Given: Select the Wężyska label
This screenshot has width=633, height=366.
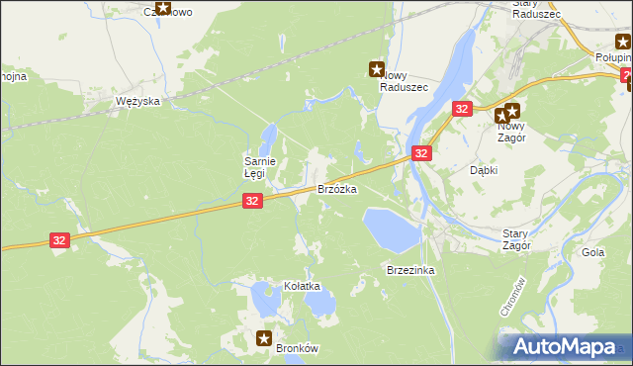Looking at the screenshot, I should click(x=137, y=102).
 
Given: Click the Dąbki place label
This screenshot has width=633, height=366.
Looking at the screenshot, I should click(x=483, y=169).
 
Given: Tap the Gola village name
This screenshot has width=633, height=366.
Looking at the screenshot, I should click(x=593, y=252).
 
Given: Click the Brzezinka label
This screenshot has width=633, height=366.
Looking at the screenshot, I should click(x=411, y=270).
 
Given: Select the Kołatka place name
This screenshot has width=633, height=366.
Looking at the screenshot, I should click(x=304, y=286).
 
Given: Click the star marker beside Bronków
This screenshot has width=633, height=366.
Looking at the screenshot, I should click(x=264, y=337).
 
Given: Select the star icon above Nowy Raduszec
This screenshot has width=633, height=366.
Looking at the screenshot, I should click(x=376, y=69).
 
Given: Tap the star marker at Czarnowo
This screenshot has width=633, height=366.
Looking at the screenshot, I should click(x=164, y=12).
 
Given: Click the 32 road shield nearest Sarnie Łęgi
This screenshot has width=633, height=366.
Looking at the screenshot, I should click(x=252, y=201).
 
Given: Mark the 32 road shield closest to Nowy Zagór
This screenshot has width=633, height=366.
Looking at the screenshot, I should click(x=462, y=110).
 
